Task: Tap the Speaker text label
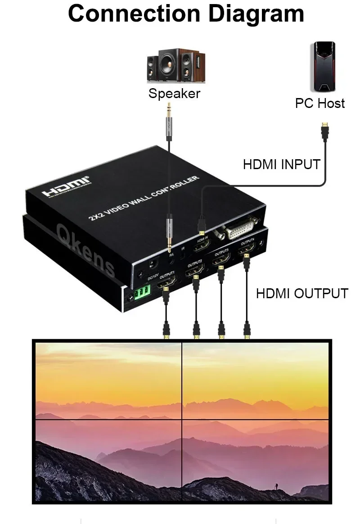tap(174, 94)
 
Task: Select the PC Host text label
tap(320, 103)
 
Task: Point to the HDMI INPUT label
tap(282, 164)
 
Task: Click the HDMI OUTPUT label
tap(302, 293)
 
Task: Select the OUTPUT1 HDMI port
tap(166, 283)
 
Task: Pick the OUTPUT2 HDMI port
tap(194, 270)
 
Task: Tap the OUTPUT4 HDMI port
tap(247, 250)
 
